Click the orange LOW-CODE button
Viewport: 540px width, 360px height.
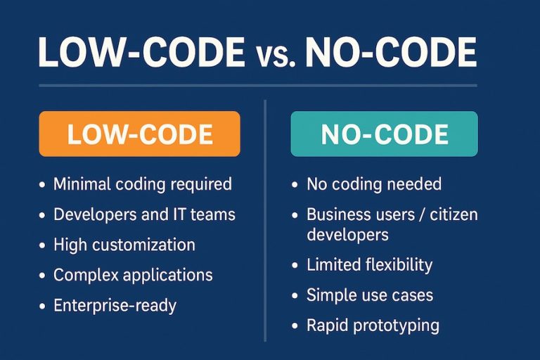point(139,134)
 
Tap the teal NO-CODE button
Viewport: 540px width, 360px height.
point(384,134)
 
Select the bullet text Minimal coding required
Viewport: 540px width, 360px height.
point(143,185)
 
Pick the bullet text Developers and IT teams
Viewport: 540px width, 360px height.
point(144,214)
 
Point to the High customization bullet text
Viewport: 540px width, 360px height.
point(124,245)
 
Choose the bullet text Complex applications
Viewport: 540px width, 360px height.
point(133,275)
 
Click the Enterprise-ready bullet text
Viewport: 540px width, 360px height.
point(115,305)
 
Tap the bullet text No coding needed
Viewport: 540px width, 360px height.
point(374,185)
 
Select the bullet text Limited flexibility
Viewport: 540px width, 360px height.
point(369,265)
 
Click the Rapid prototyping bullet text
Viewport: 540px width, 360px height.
point(373,326)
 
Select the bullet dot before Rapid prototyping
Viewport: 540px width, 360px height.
point(295,326)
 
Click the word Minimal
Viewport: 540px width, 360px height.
point(82,185)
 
